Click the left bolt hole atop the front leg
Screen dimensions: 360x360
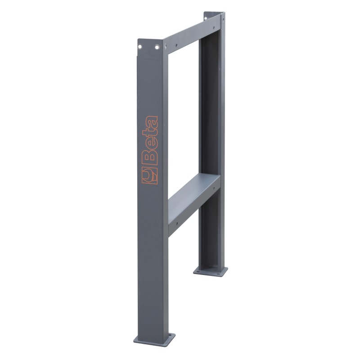click(x=139, y=47)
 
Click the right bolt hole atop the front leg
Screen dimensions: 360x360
click(x=157, y=48)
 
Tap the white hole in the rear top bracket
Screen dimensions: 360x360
click(x=206, y=18)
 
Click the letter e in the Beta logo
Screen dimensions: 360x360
click(x=150, y=145)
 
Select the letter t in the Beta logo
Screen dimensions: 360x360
click(x=150, y=134)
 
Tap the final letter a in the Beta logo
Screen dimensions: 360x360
click(x=150, y=123)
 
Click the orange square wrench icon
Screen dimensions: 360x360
click(x=150, y=175)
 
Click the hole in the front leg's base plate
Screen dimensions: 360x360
click(x=170, y=335)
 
